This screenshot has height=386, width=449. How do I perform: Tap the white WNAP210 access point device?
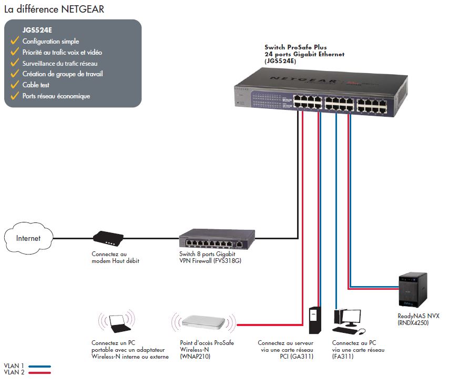coord(203,322)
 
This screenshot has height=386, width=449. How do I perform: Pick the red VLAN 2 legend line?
coord(39,372)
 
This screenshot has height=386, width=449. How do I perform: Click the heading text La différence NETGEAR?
coord(53,9)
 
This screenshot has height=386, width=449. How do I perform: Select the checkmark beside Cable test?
coord(14,85)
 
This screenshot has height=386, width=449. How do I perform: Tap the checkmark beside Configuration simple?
coord(14,41)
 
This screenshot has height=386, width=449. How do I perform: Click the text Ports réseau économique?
coord(56,96)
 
